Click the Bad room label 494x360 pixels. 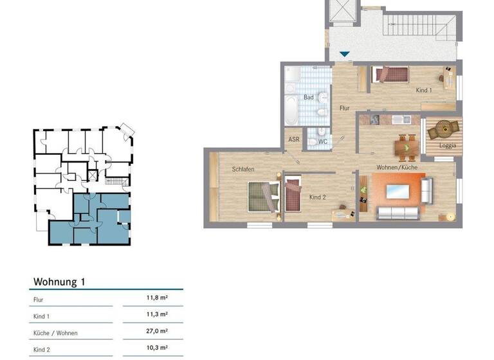[309, 98]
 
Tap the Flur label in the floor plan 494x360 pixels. [345, 109]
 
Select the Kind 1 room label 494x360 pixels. [424, 91]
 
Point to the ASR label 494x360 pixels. [294, 139]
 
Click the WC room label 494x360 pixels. [323, 141]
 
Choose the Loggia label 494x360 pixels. [448, 145]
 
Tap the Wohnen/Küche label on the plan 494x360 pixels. [398, 167]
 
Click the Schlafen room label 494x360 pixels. [244, 169]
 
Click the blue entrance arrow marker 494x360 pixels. [345, 55]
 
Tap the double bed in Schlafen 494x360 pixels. [264, 195]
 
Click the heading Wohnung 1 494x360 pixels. [59, 282]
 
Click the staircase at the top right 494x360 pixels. [418, 25]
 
